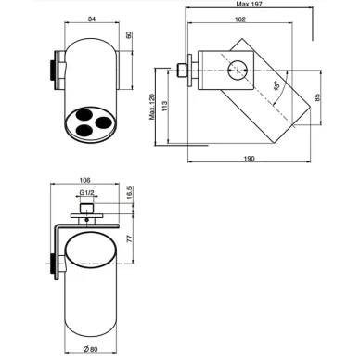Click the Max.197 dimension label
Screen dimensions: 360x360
[x=249, y=4]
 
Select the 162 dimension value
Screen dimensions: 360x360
[x=240, y=19]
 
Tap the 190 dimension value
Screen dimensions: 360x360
[x=249, y=159]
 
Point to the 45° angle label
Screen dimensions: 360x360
[x=276, y=86]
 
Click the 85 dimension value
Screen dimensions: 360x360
[x=317, y=97]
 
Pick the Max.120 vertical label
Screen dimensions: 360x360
[x=152, y=107]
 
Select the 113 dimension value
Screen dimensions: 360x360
[x=165, y=106]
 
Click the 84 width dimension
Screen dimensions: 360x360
[x=92, y=19]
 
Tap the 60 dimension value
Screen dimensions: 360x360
[x=129, y=35]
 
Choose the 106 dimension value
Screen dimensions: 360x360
[x=84, y=180]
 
